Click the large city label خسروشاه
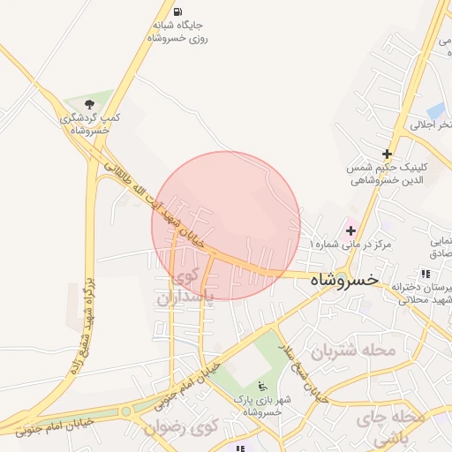click(x=344, y=279)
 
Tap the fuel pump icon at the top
click(x=179, y=12)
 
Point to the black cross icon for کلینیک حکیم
click(x=387, y=154)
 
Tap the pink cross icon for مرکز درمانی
click(x=350, y=230)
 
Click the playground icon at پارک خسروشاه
click(x=262, y=386)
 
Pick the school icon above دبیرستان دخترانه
click(x=426, y=275)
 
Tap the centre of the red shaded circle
click(x=226, y=225)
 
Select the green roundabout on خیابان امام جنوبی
click(x=126, y=411)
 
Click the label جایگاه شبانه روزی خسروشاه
click(x=178, y=32)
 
